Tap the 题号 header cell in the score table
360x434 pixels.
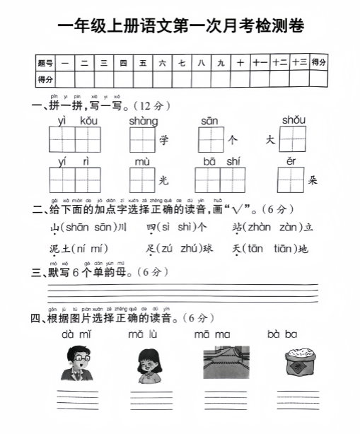[x=45, y=62]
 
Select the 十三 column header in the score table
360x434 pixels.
[x=299, y=62]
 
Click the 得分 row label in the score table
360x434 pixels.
[x=45, y=78]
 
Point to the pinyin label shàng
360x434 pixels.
[x=144, y=121]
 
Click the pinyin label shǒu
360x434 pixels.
[x=292, y=120]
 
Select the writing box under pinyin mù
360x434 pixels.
[x=142, y=180]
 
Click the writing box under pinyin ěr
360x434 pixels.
[x=291, y=180]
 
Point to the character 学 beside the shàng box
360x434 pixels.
[x=165, y=141]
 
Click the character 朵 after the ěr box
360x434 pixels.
[x=313, y=180]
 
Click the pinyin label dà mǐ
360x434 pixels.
[x=76, y=334]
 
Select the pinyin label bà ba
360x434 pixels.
[x=283, y=334]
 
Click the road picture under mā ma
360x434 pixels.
[x=223, y=364]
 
